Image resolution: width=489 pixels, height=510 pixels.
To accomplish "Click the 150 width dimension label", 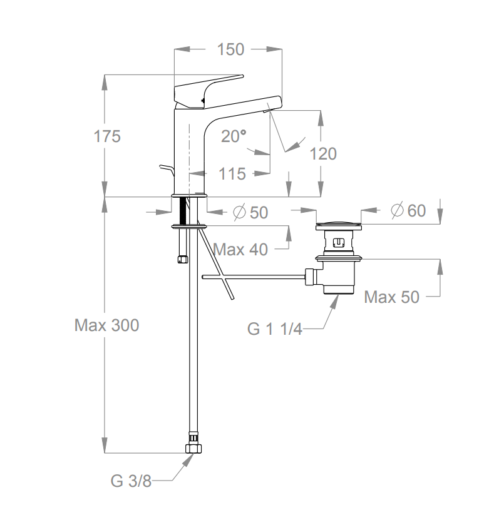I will tap(230, 49).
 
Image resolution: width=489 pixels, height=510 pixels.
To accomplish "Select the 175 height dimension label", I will tap(108, 136).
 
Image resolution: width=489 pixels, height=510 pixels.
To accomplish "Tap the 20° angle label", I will tap(234, 136).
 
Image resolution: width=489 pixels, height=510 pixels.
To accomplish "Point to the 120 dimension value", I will tap(323, 153).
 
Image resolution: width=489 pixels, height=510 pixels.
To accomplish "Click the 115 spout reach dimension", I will tap(233, 173).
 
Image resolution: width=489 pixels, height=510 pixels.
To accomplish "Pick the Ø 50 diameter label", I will tap(250, 213).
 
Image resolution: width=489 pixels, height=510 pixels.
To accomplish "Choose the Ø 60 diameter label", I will tap(408, 211).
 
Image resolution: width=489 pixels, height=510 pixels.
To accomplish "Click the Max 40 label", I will tap(240, 250).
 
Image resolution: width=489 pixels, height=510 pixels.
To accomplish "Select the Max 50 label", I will tap(392, 297).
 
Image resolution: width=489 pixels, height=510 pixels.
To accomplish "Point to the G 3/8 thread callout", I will tap(131, 481).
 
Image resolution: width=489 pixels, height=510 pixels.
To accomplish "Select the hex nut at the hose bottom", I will tap(193, 448).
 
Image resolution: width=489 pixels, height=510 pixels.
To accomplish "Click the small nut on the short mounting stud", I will tap(182, 258).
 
